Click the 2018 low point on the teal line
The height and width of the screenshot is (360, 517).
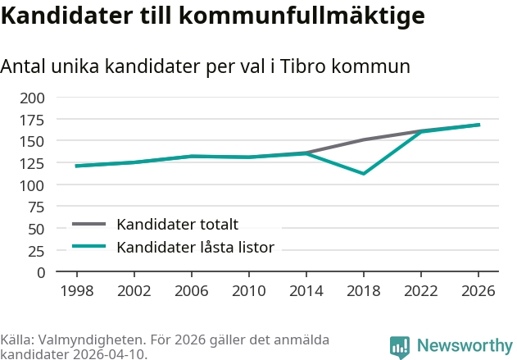pos(363,173)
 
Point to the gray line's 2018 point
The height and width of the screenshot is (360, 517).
pos(363,140)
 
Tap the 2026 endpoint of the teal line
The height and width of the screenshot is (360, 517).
pos(478,125)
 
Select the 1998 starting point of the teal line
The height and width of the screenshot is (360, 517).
pos(77,166)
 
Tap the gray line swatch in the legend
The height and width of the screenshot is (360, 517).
pos(89,225)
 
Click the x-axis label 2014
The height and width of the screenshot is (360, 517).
pos(306,291)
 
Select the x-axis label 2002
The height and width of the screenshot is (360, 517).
pos(134,291)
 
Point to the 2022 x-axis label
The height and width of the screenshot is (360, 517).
pos(420,291)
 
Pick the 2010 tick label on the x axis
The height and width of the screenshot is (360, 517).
pos(248,291)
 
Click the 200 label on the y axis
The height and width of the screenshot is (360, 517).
pos(32,98)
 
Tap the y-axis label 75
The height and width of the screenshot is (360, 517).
pos(36,207)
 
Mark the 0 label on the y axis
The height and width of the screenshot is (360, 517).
pos(41,273)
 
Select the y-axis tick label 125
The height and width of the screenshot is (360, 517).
pos(32,164)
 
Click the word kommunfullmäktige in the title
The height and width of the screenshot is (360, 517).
pos(302,16)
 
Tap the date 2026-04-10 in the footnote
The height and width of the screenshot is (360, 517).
pos(110,354)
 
